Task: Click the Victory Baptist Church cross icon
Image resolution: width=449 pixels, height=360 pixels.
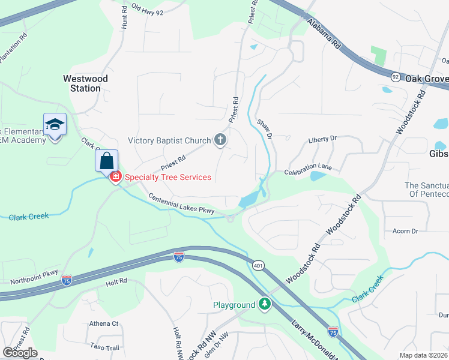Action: coord(220,140)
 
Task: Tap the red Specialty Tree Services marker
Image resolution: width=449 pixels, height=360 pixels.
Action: coord(115,176)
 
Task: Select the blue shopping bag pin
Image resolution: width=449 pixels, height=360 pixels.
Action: coord(106,161)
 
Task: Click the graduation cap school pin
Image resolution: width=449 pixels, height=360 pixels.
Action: coord(55,125)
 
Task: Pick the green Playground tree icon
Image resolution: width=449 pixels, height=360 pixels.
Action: coord(264,305)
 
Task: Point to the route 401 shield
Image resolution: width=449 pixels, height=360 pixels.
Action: coord(258,265)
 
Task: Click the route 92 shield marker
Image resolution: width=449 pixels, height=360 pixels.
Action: coord(395,77)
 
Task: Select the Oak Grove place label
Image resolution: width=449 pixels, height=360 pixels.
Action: coord(427,79)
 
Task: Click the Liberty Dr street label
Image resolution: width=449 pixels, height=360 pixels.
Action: coord(323,139)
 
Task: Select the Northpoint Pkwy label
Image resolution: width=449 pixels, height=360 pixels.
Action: coord(34,277)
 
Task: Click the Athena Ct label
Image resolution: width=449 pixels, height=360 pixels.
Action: coord(104,323)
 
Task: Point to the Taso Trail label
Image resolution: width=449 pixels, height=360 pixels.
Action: coord(104,347)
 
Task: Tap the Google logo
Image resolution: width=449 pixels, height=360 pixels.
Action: coord(20,352)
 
